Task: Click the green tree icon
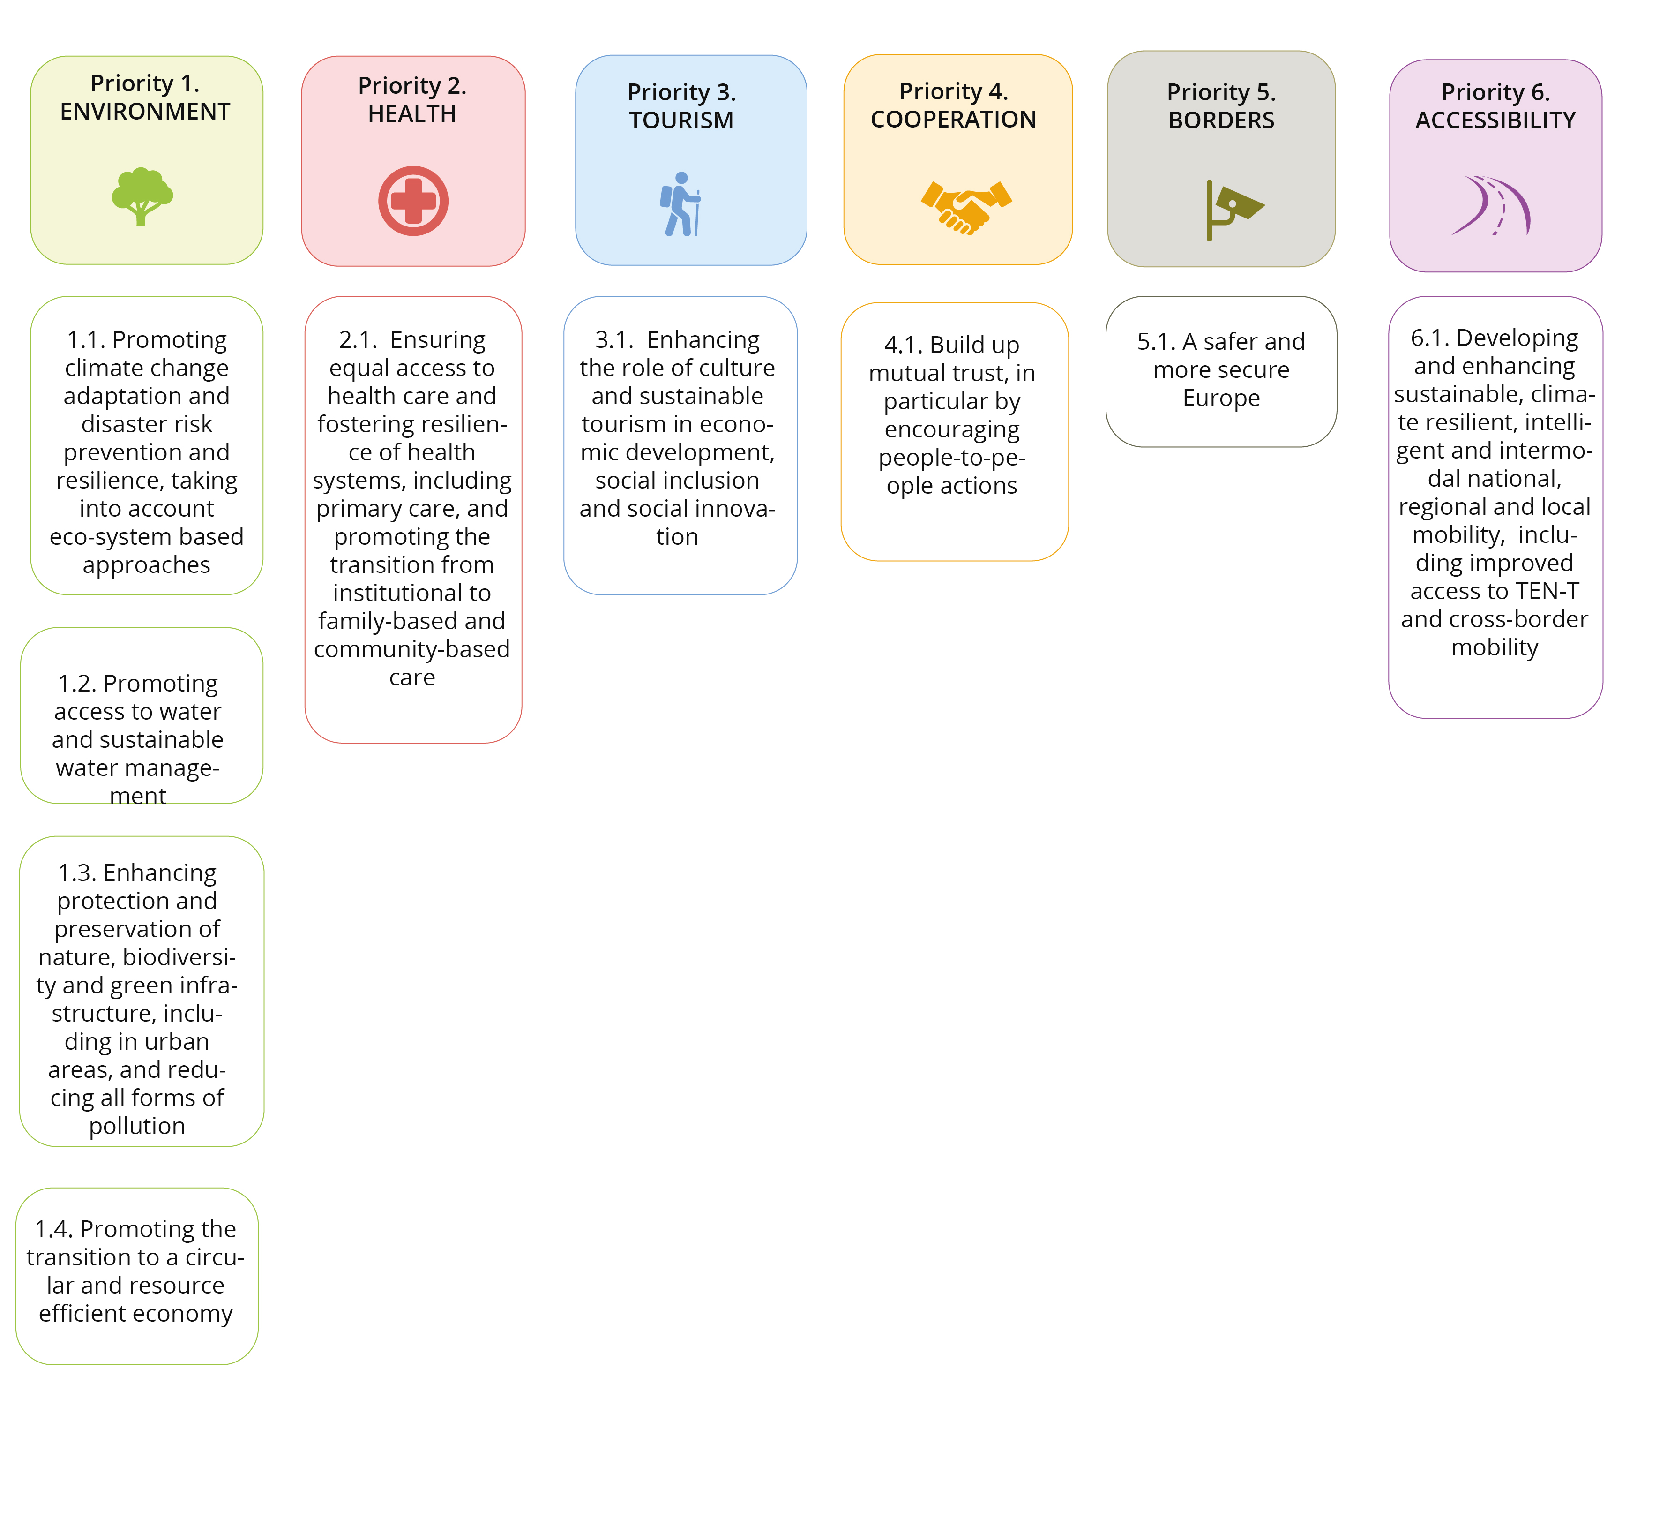click(x=142, y=196)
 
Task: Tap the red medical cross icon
click(x=413, y=201)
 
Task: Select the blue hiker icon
click(x=680, y=204)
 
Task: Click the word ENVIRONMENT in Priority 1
click(x=145, y=112)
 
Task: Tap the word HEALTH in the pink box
click(x=412, y=114)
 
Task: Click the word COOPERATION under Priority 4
click(x=953, y=120)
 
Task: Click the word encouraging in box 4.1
click(x=952, y=430)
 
